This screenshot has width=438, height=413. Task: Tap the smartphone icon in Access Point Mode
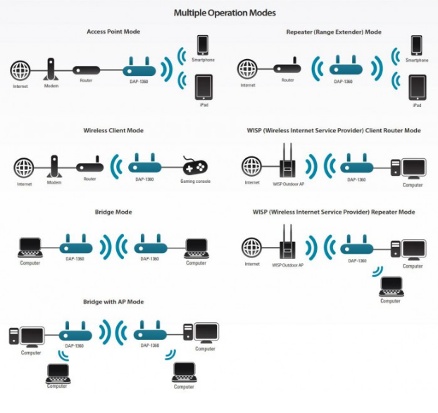click(x=203, y=44)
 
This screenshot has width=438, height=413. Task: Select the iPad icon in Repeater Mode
click(x=416, y=88)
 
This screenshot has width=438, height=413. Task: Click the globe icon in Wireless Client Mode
click(x=24, y=168)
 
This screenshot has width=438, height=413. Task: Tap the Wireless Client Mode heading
click(x=113, y=130)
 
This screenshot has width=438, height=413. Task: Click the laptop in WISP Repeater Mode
click(x=390, y=286)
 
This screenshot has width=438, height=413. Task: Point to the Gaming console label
click(x=196, y=181)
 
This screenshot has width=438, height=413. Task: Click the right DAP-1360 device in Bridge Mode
click(x=151, y=246)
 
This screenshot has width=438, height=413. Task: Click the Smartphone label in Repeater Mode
click(x=417, y=61)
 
